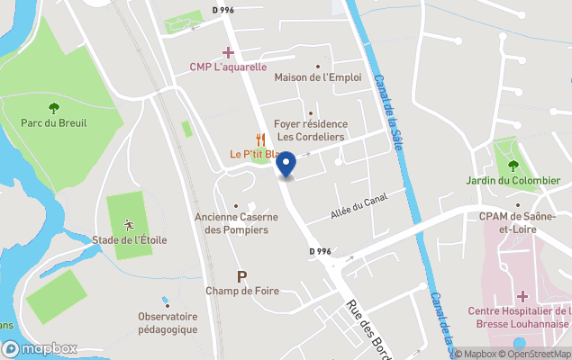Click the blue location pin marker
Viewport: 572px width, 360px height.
286,165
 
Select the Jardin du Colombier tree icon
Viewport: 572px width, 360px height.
513,165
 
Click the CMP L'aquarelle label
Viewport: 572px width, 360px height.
228,67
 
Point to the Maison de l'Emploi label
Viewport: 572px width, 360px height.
318,77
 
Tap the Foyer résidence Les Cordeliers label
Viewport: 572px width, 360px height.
311,130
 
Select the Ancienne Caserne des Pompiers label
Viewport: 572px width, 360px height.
232,223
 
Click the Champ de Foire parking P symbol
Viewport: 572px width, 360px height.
241,275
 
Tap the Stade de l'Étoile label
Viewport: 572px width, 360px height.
129,239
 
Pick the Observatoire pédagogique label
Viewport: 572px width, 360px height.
168,322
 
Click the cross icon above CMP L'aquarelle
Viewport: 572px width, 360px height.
229,52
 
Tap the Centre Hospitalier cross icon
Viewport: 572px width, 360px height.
522,296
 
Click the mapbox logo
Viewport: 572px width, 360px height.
40,348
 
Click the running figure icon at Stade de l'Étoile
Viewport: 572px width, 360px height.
129,223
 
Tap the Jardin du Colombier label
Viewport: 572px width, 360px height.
513,180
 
